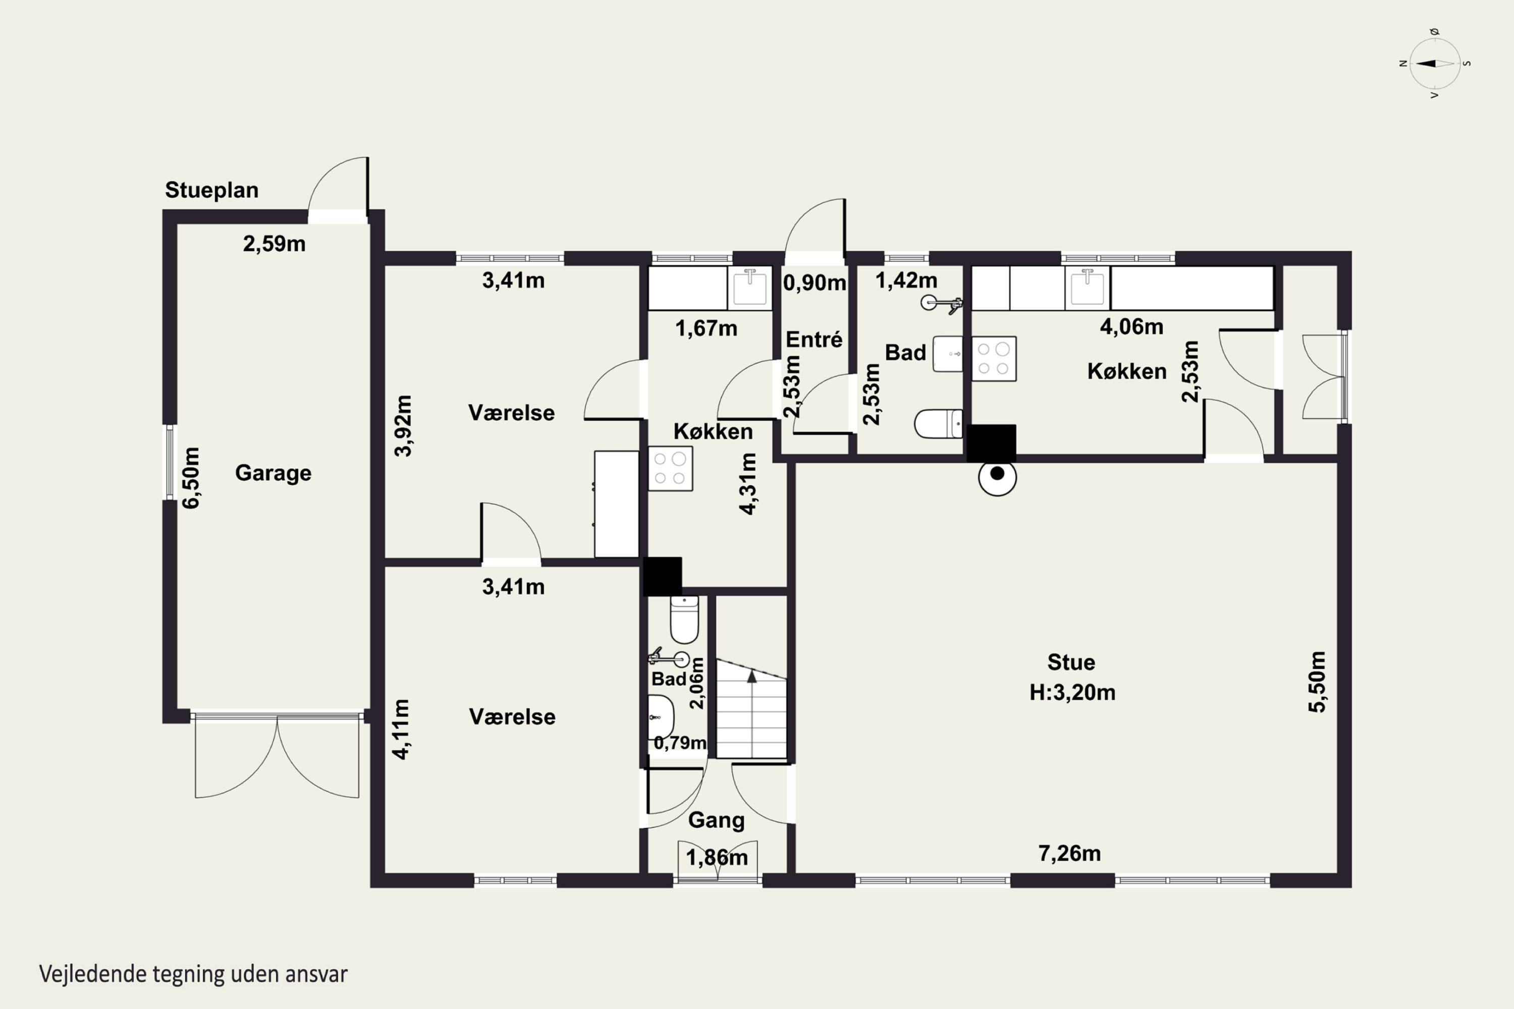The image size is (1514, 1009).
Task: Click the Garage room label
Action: click(x=273, y=473)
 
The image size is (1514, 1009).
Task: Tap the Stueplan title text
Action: click(x=212, y=190)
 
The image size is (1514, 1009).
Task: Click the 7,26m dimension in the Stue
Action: click(x=1069, y=853)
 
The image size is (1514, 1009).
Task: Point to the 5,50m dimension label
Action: click(x=1317, y=682)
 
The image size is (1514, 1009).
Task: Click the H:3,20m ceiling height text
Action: click(x=1072, y=692)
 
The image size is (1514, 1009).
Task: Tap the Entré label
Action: click(x=814, y=339)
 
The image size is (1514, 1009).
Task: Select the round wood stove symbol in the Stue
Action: click(x=997, y=476)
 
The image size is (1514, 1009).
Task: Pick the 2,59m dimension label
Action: click(x=274, y=244)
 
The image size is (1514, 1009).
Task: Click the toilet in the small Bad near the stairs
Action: click(x=684, y=619)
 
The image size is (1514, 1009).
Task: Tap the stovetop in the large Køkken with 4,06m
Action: click(x=993, y=358)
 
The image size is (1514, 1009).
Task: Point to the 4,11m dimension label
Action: click(x=400, y=729)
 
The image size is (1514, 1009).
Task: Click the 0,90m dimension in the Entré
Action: click(x=815, y=283)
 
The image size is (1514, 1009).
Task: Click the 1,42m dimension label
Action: click(x=906, y=280)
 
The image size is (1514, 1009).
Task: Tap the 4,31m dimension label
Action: click(x=747, y=483)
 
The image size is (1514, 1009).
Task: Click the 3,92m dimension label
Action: click(x=402, y=425)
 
